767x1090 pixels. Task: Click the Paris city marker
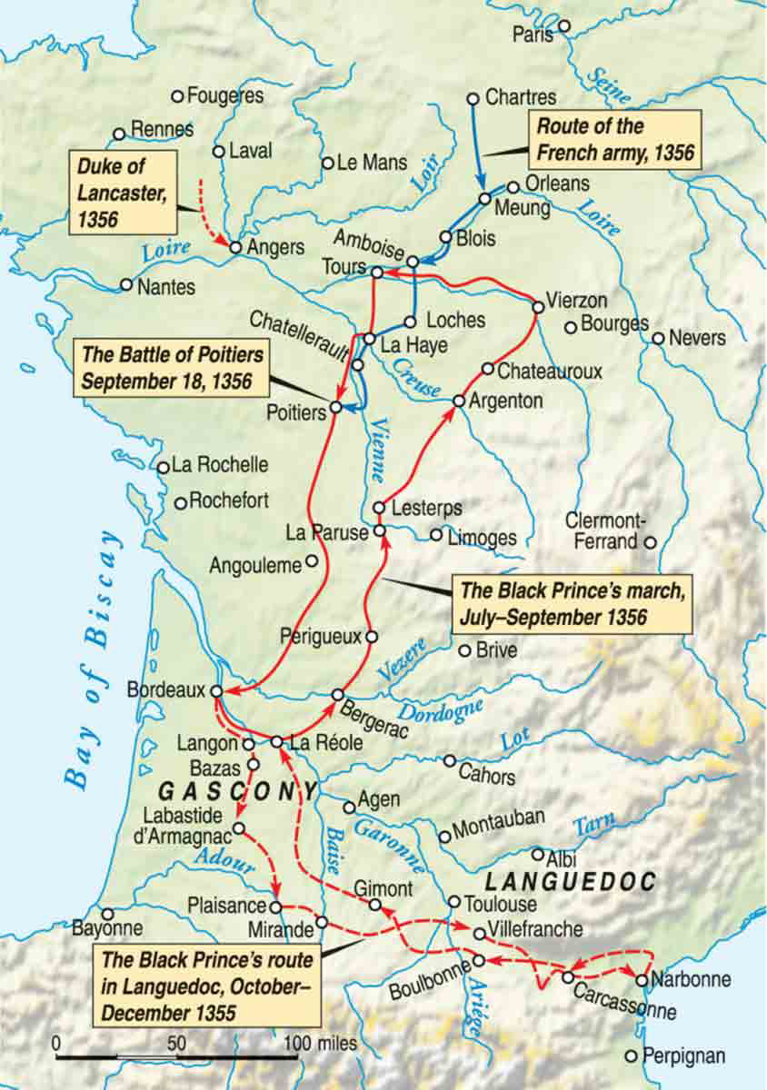pyautogui.click(x=563, y=26)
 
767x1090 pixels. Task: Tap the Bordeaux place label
pyautogui.click(x=166, y=690)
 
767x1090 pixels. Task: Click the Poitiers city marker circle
pyautogui.click(x=335, y=408)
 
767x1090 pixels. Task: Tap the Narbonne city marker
pyautogui.click(x=642, y=981)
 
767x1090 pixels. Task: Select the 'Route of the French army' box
pyautogui.click(x=615, y=139)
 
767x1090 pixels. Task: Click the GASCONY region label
pyautogui.click(x=239, y=789)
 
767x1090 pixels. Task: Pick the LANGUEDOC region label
pyautogui.click(x=571, y=881)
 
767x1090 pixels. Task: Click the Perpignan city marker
pyautogui.click(x=632, y=1055)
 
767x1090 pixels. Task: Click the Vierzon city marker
pyautogui.click(x=537, y=307)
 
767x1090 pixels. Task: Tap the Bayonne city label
pyautogui.click(x=108, y=928)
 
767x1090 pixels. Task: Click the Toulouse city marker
pyautogui.click(x=454, y=901)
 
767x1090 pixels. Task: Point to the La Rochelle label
pyautogui.click(x=220, y=465)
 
